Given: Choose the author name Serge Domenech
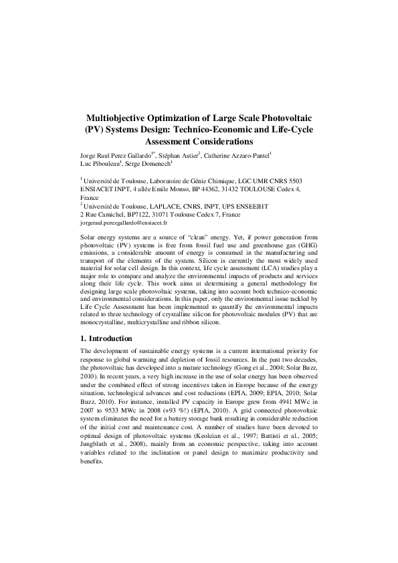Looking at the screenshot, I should pos(148,164).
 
